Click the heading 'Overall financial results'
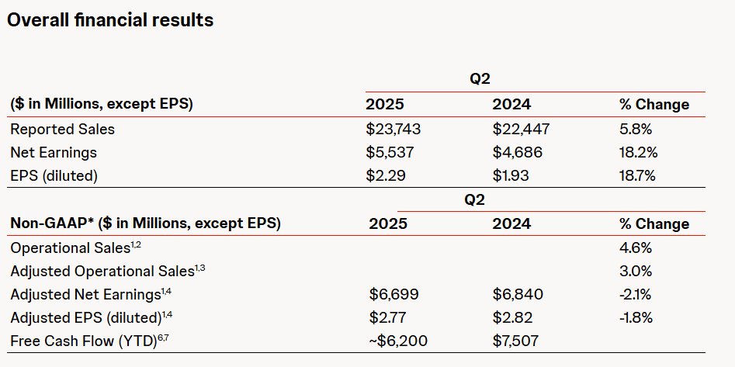pos(110,21)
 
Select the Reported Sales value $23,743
pos(393,129)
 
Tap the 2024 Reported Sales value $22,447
pos(520,129)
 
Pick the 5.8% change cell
pos(636,129)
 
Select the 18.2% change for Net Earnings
pos(638,152)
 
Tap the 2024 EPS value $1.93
pos(511,175)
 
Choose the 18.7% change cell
pos(638,175)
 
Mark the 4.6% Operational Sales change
pos(636,248)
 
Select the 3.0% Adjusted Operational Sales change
pos(636,272)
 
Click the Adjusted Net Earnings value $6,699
pos(392,295)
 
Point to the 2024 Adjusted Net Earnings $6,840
pos(518,295)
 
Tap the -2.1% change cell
pos(636,295)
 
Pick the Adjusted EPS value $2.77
pos(388,317)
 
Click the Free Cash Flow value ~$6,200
pos(397,341)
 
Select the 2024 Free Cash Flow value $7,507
pos(516,341)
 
